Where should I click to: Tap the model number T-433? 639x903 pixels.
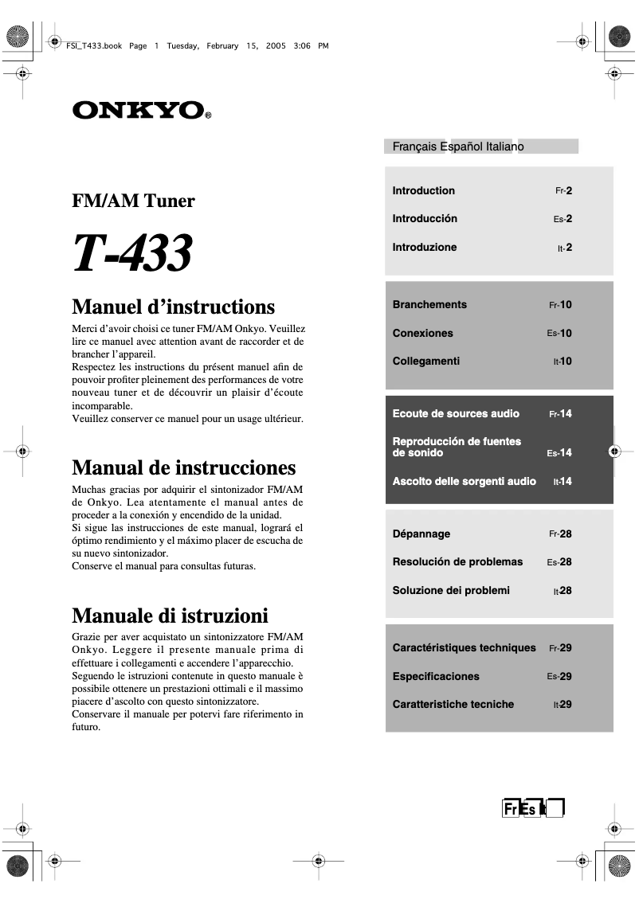point(132,253)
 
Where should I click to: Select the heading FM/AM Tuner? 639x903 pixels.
point(133,201)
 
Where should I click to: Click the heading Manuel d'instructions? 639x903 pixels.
point(173,307)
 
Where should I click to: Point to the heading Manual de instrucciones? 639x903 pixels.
point(183,467)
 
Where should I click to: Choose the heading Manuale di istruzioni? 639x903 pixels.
point(170,616)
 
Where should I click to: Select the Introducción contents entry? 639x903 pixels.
point(425,218)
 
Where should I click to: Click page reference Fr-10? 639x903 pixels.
point(560,305)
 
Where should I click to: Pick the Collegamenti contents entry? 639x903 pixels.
point(425,361)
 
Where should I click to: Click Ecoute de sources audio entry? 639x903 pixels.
point(456,413)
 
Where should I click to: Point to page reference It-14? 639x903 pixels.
point(563,482)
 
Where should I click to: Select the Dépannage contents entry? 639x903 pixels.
point(421,534)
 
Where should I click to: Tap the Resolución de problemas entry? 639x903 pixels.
point(457,561)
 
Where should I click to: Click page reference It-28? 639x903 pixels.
point(563,591)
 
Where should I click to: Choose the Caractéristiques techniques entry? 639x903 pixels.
point(464,647)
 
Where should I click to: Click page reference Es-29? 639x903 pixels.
point(559,676)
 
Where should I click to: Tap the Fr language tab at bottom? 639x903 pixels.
point(510,809)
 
